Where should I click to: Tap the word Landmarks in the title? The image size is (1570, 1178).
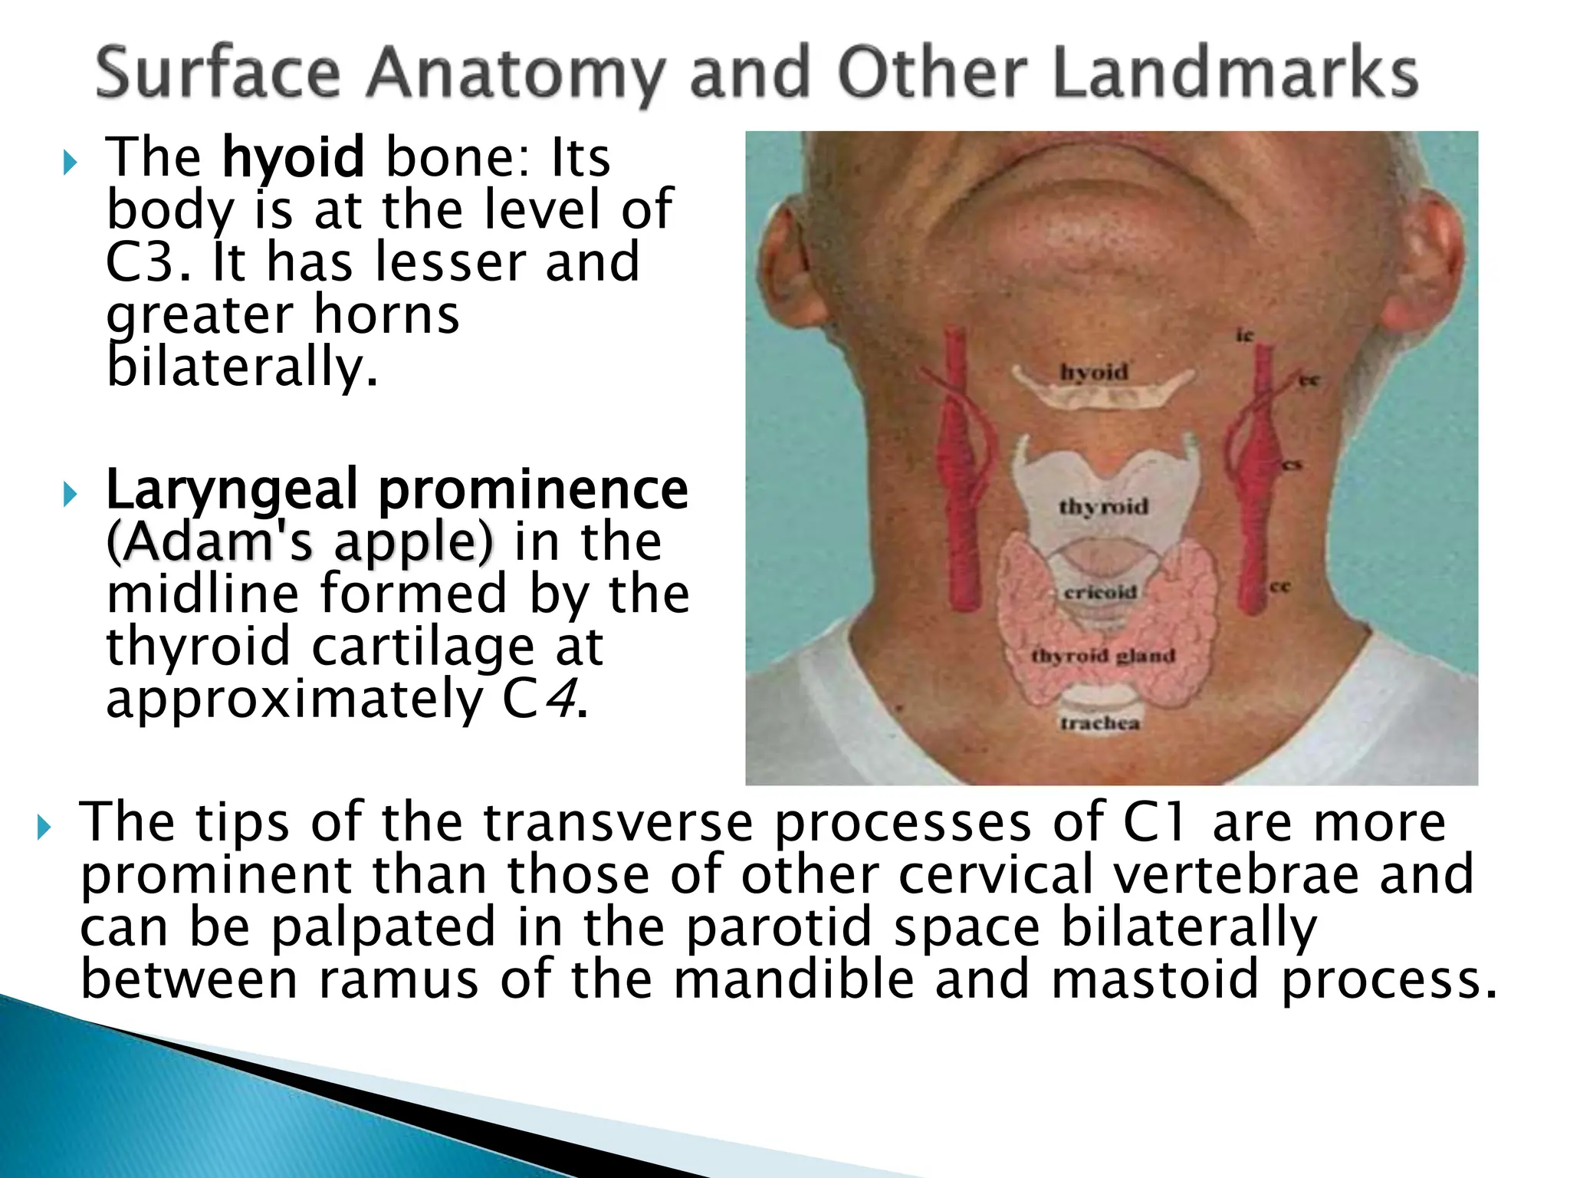click(x=1235, y=73)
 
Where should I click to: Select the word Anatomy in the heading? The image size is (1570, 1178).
click(x=513, y=74)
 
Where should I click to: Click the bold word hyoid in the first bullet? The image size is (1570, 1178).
click(x=293, y=157)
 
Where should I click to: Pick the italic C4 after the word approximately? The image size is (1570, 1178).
click(x=540, y=699)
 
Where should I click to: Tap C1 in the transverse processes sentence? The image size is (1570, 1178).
click(x=1155, y=822)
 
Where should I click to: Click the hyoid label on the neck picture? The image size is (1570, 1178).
click(x=1094, y=372)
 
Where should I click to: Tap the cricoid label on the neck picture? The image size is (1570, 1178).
click(x=1100, y=592)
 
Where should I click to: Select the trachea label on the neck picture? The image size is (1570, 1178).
click(x=1100, y=722)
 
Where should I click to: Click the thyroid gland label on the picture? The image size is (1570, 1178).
click(x=1103, y=656)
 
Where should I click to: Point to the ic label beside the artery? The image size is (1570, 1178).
click(x=1243, y=335)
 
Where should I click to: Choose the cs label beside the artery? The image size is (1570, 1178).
click(x=1292, y=465)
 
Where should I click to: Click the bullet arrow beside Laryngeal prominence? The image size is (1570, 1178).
click(x=70, y=495)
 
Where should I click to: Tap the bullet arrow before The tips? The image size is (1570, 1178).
click(x=44, y=828)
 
